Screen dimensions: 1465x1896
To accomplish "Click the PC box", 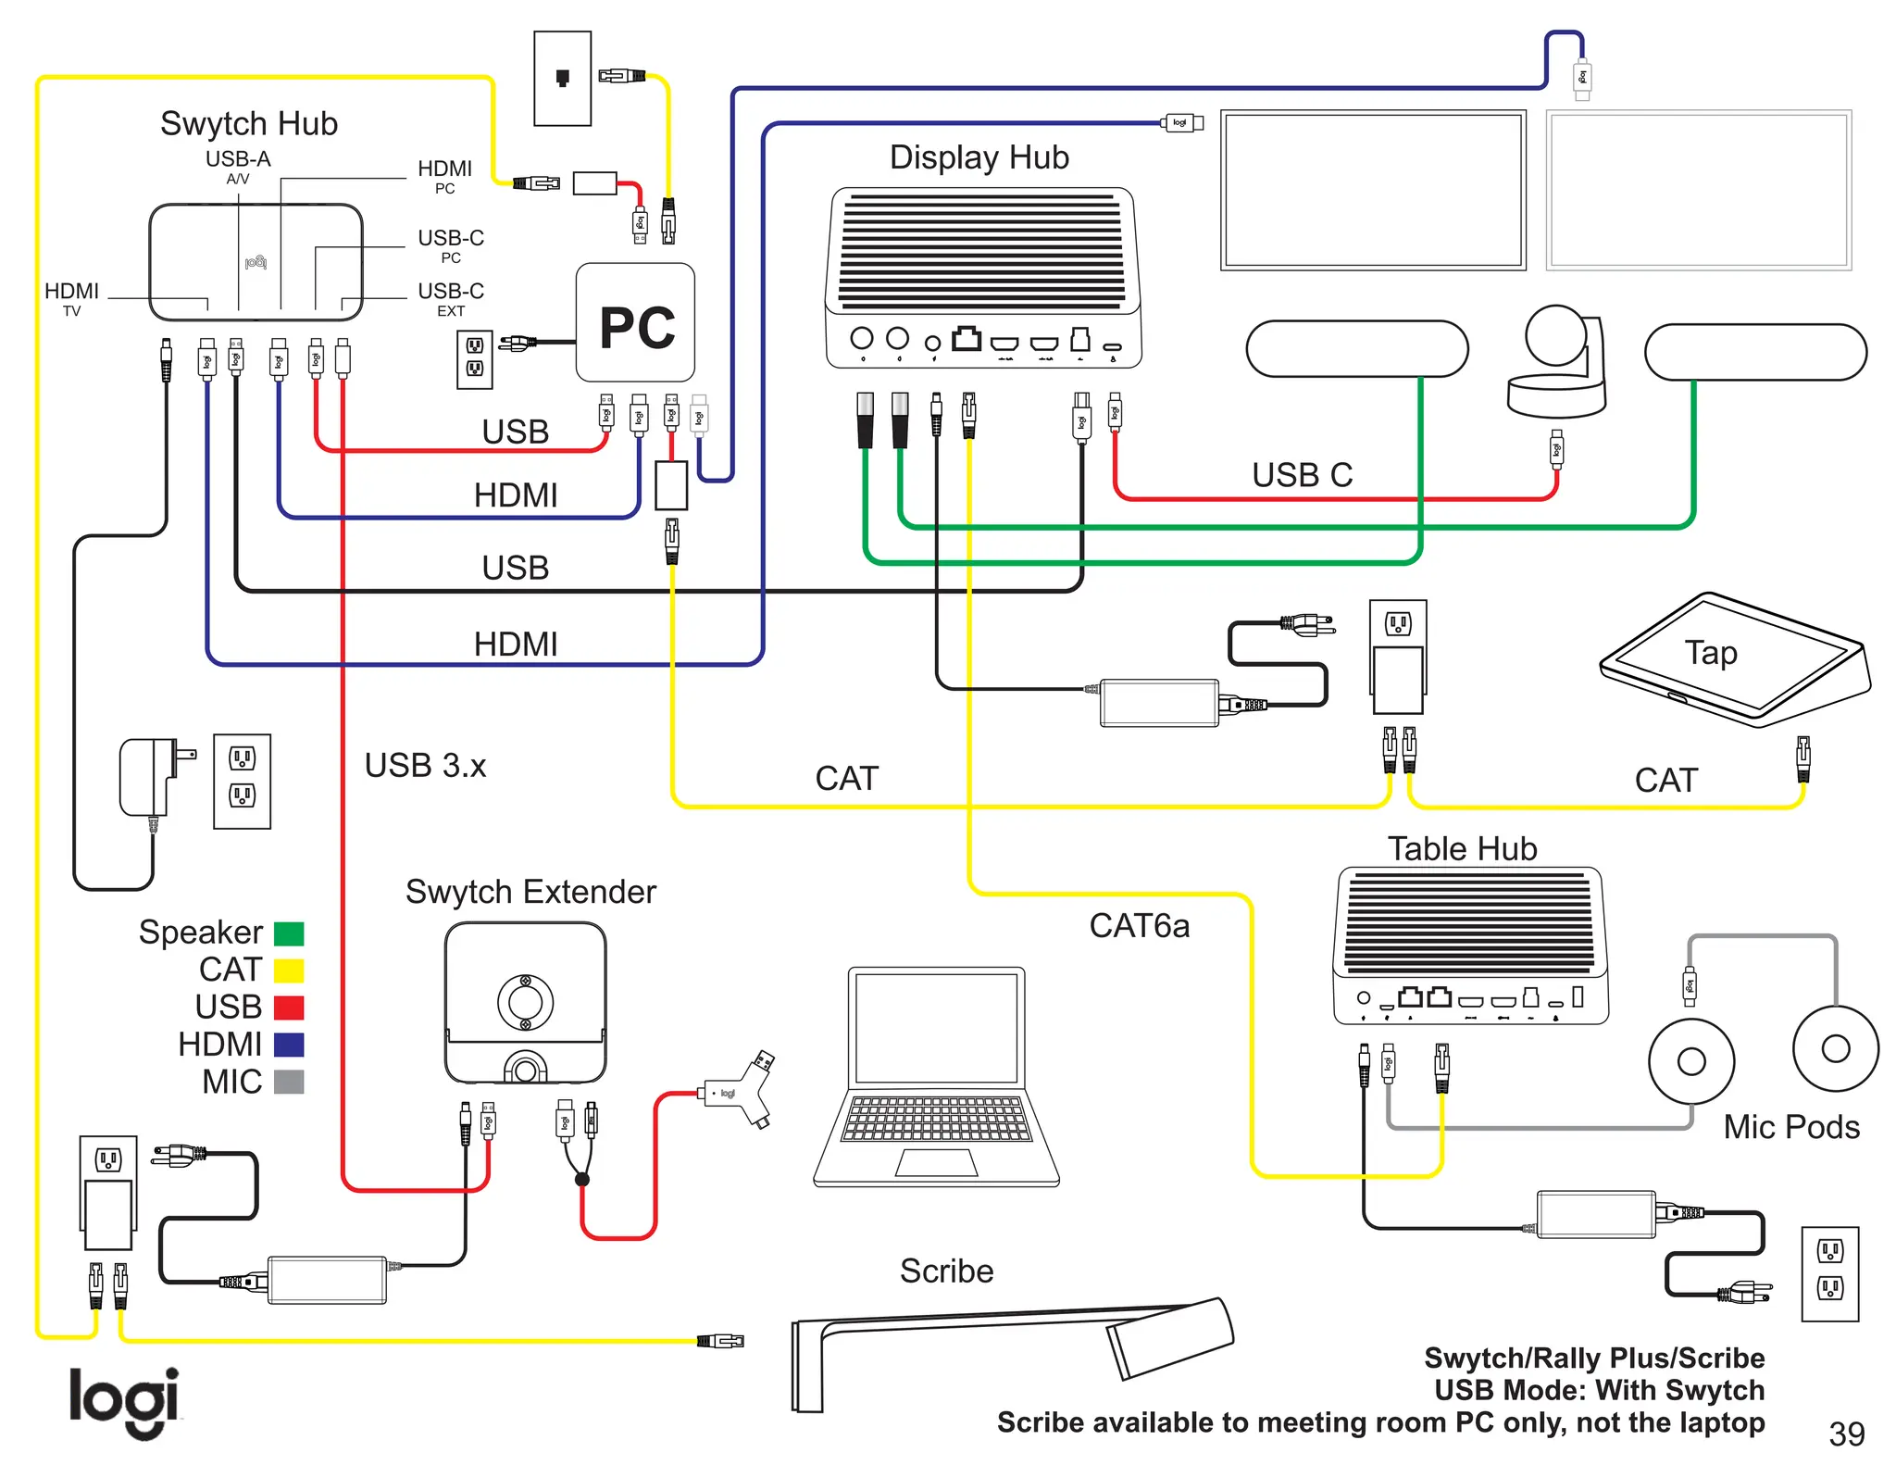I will [635, 323].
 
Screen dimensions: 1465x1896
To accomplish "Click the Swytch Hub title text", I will [248, 123].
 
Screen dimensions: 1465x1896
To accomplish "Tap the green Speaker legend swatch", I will [289, 933].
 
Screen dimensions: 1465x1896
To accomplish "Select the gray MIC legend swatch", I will [289, 1082].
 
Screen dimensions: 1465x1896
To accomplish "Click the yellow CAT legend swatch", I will [289, 970].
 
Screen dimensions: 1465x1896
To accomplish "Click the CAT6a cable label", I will [1139, 926].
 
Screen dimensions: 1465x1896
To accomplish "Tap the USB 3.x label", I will [425, 766].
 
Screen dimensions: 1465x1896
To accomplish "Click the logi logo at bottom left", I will [124, 1401].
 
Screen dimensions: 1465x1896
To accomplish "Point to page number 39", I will [1846, 1434].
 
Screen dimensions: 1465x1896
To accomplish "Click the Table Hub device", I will [1470, 945].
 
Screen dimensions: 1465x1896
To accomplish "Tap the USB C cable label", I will [1302, 475].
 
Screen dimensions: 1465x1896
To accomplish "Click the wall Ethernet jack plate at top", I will [562, 79].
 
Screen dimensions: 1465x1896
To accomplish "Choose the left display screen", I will [1373, 190].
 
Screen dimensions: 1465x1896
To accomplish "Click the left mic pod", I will [1690, 1061].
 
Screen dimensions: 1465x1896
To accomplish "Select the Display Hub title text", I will [979, 157].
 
